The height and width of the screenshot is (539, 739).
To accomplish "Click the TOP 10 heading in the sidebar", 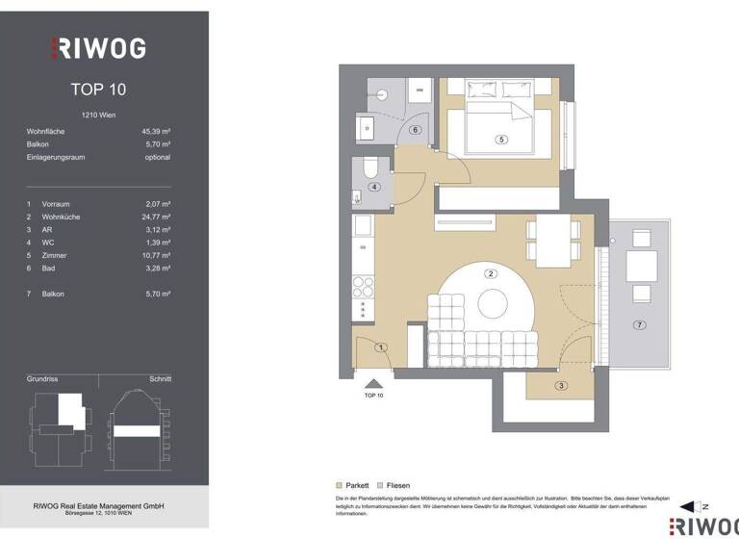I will (98, 90).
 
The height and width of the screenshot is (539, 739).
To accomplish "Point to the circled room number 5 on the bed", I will (500, 140).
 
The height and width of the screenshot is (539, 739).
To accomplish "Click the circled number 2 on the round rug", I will (491, 273).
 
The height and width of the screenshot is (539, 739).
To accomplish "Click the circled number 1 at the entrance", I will (381, 346).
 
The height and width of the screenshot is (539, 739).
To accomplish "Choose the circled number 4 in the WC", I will (374, 187).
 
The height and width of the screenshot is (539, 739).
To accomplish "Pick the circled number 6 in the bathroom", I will (416, 129).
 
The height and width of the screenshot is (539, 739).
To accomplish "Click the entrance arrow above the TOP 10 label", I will (374, 383).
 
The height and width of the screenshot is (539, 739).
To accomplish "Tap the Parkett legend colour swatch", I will (338, 486).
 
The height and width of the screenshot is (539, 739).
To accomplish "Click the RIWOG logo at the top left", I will (98, 47).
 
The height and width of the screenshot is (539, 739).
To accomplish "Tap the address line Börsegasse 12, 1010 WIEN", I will (98, 515).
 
